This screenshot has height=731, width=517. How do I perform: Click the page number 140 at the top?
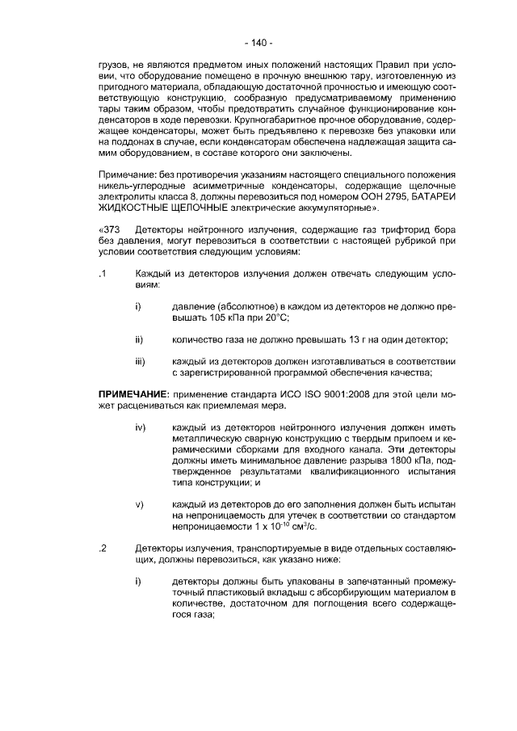[x=258, y=43]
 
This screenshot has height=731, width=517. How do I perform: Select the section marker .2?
[x=103, y=548]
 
